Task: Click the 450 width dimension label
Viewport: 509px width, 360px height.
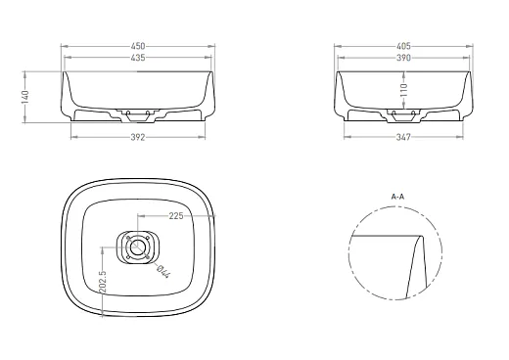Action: point(138,46)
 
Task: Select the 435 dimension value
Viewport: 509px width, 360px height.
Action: point(138,58)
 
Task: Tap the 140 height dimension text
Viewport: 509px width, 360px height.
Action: point(24,97)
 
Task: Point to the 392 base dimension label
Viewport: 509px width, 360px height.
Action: point(138,137)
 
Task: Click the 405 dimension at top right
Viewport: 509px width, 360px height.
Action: point(403,46)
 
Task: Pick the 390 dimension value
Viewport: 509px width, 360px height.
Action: point(403,58)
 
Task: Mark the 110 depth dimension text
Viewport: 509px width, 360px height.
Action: point(403,90)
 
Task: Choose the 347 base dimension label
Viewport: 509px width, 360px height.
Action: point(403,137)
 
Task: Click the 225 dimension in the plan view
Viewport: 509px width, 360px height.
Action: point(176,216)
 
